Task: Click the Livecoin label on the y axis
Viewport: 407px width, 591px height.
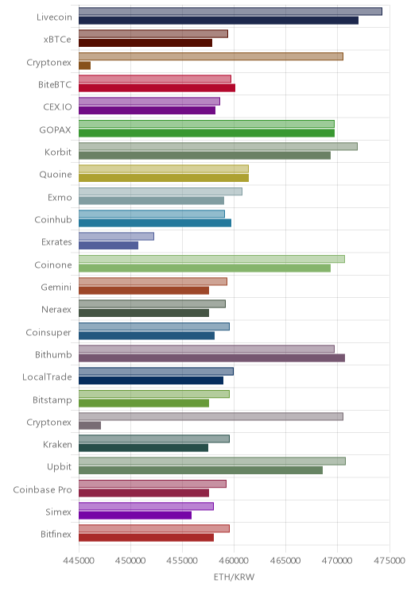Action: click(x=54, y=17)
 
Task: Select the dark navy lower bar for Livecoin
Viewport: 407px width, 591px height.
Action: click(x=219, y=21)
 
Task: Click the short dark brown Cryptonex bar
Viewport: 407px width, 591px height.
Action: click(x=84, y=66)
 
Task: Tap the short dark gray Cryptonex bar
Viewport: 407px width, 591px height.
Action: click(x=90, y=426)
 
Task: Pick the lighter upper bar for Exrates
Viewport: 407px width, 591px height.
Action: click(x=116, y=237)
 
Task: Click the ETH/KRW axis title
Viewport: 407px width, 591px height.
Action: click(x=234, y=577)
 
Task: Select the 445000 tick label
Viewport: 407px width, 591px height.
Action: click(x=79, y=561)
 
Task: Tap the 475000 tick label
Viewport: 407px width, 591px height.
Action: click(x=390, y=561)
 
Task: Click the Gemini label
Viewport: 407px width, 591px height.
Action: click(x=56, y=288)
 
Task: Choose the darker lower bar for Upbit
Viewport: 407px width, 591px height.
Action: click(x=200, y=470)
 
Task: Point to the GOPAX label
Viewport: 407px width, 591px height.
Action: click(x=55, y=129)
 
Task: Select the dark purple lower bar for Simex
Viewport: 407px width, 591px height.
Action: click(x=135, y=516)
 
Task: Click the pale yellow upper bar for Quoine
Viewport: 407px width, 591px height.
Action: click(x=164, y=169)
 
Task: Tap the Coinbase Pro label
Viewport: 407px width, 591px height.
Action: click(x=42, y=489)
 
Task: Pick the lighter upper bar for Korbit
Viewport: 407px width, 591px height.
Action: click(x=218, y=146)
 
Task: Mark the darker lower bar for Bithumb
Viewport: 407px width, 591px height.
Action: click(x=211, y=358)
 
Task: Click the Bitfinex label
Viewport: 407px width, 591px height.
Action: click(x=56, y=534)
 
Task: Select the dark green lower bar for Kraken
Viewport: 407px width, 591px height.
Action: click(x=143, y=448)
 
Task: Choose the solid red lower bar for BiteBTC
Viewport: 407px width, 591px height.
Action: click(x=157, y=88)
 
